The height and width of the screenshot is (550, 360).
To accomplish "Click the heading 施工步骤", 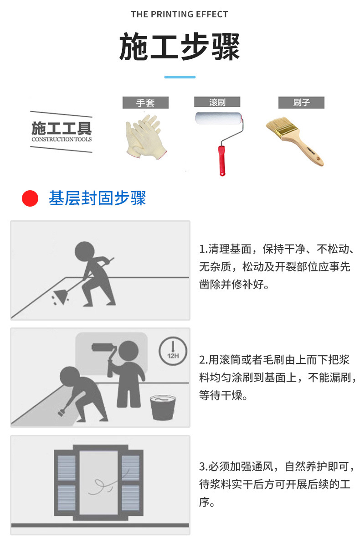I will (x=179, y=47).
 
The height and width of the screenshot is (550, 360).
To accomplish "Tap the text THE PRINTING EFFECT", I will (x=179, y=15).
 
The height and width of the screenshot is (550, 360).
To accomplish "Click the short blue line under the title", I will (x=180, y=77).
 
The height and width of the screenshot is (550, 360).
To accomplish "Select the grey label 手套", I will (x=145, y=103).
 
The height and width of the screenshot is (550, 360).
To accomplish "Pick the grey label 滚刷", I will (x=217, y=102).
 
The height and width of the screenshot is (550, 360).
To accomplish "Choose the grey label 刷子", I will (x=301, y=103).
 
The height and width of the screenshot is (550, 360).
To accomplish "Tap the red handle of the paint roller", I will (x=221, y=160).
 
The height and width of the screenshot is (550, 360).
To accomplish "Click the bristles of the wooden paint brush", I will (x=280, y=127).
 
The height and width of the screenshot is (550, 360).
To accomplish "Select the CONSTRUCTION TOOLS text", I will (x=61, y=139).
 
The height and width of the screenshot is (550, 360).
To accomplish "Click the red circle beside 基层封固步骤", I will (x=30, y=198).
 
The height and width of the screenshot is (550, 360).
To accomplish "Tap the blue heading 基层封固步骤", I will (x=97, y=198).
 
